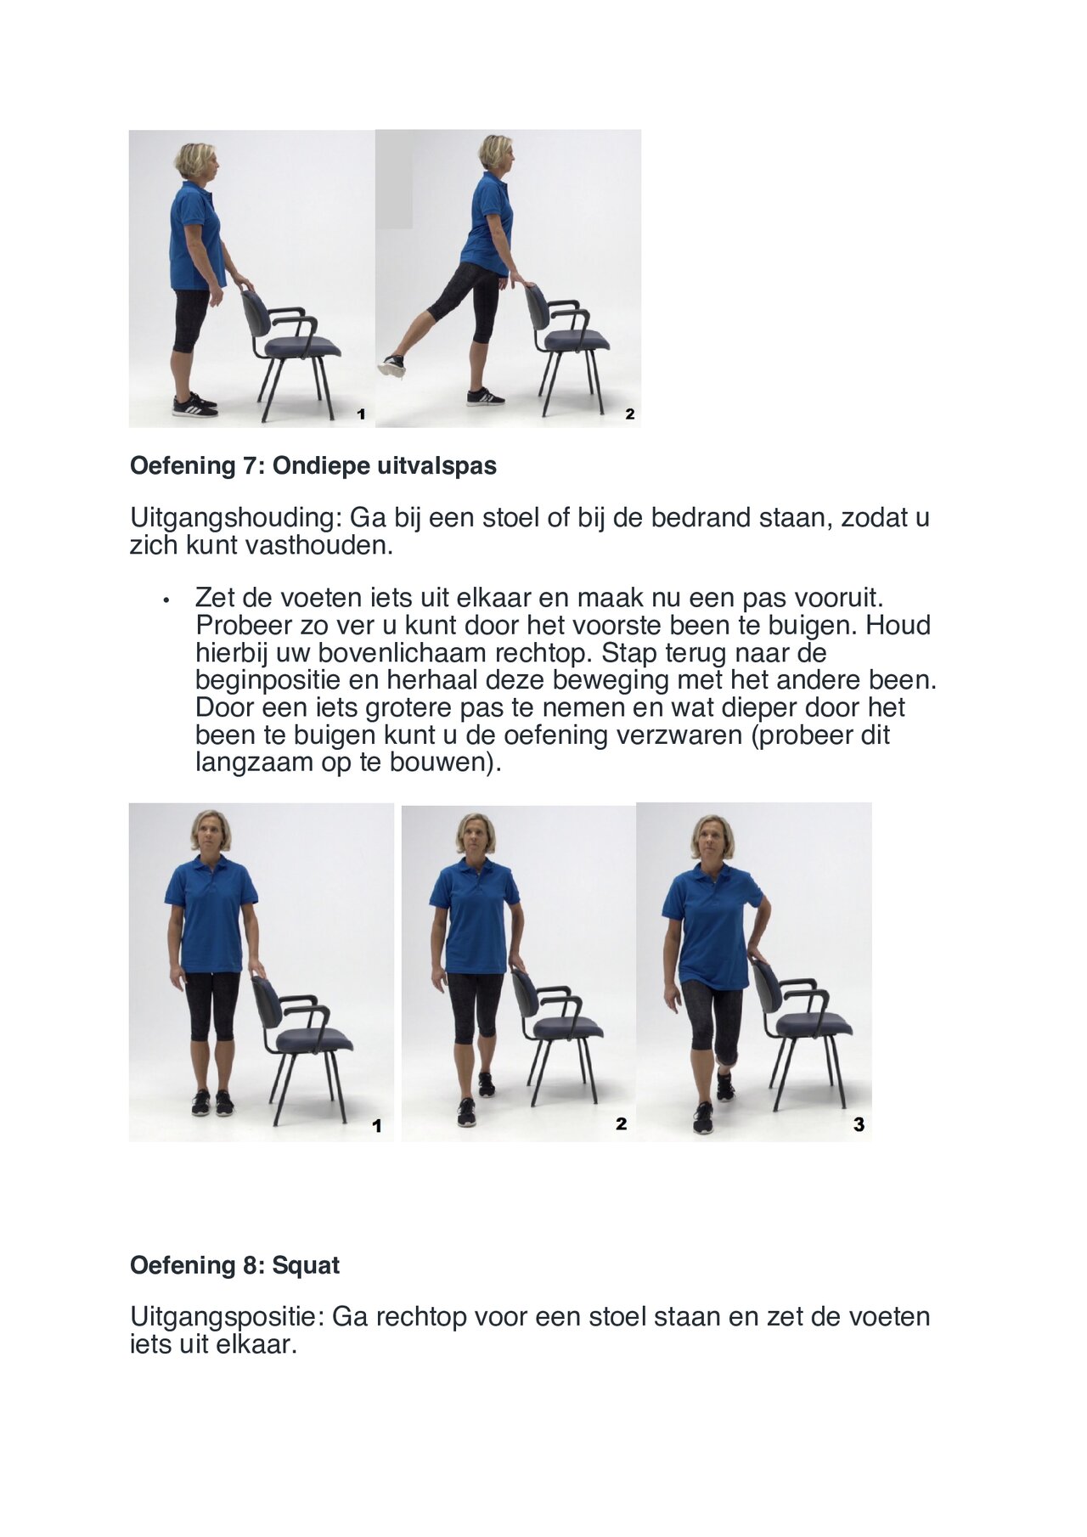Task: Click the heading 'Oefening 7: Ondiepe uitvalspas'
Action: [x=313, y=466]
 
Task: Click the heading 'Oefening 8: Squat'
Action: [x=234, y=1265]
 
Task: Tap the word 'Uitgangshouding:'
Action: [x=235, y=518]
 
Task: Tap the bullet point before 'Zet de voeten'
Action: [x=167, y=600]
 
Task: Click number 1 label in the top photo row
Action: [x=361, y=414]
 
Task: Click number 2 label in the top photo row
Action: [x=629, y=414]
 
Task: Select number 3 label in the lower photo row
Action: [x=859, y=1124]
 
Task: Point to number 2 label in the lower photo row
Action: [x=621, y=1124]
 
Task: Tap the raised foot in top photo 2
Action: [x=392, y=366]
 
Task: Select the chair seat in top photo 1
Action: [x=302, y=347]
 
